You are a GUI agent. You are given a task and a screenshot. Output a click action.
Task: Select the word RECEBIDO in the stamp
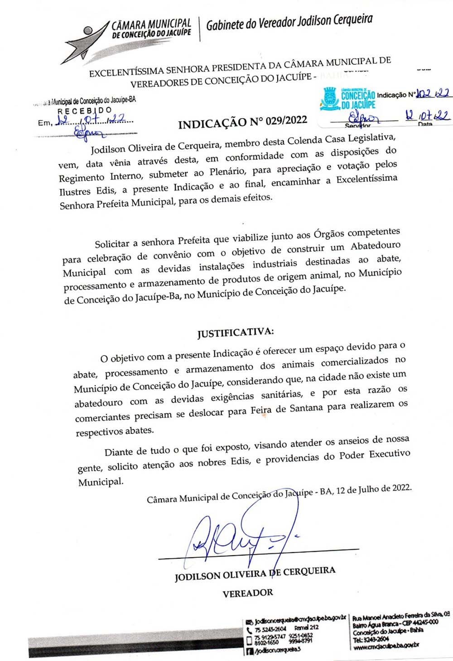tap(84, 111)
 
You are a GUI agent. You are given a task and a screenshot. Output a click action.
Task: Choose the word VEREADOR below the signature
tap(248, 593)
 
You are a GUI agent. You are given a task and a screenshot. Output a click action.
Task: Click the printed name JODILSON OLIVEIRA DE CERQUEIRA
tap(255, 573)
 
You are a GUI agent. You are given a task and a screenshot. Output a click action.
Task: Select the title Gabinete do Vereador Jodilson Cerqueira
tap(289, 22)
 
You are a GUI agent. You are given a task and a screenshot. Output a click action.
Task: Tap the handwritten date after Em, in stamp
tap(93, 121)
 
